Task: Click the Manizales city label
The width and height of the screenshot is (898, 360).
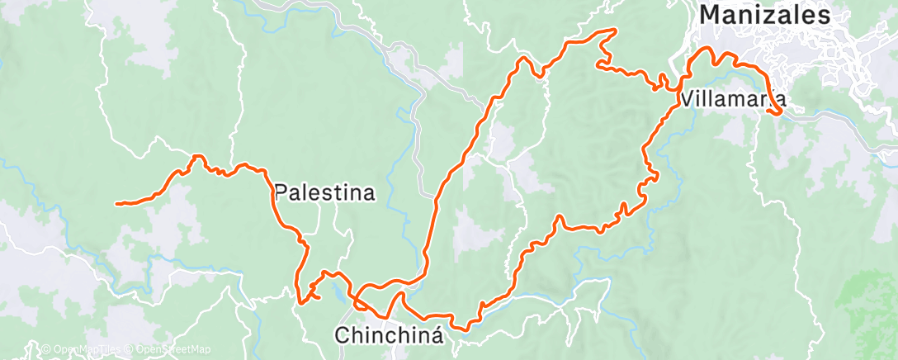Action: point(764,15)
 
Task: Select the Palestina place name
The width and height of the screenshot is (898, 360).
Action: point(324,193)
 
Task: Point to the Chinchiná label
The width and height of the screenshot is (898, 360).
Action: point(389,335)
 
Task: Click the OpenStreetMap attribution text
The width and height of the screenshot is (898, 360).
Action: point(170,349)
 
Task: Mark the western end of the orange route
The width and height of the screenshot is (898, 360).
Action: point(117,203)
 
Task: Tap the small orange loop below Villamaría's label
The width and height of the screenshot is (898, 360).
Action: point(776,112)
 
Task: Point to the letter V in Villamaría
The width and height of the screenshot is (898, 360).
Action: point(688,100)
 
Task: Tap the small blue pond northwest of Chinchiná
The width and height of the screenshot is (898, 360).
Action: point(339,290)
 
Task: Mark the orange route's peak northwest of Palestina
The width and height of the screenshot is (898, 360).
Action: point(196,156)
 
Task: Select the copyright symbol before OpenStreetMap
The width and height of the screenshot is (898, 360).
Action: point(130,349)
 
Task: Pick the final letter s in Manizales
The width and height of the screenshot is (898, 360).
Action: point(823,15)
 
